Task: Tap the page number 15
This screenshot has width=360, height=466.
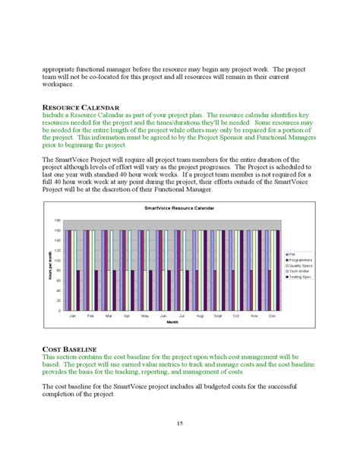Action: click(179, 423)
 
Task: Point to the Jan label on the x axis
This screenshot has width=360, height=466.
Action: click(72, 315)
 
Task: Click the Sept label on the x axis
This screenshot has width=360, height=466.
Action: click(217, 315)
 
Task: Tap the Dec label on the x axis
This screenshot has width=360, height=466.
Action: click(272, 315)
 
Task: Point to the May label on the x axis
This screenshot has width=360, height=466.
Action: click(144, 315)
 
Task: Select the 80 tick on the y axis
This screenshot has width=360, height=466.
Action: click(58, 270)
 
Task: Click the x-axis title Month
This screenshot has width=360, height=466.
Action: click(172, 322)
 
